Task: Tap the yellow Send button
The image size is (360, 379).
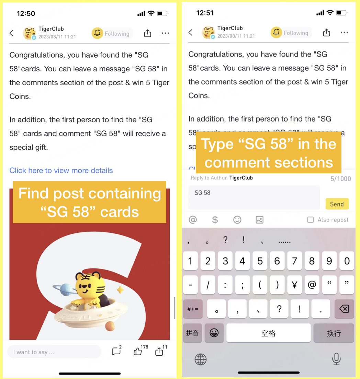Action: click(x=337, y=204)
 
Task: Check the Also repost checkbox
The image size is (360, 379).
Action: click(x=311, y=220)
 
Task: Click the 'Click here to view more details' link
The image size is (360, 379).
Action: click(x=61, y=170)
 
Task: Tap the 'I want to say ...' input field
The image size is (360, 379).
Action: click(x=54, y=352)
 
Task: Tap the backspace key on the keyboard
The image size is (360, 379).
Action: click(x=344, y=309)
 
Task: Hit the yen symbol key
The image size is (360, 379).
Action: click(x=294, y=285)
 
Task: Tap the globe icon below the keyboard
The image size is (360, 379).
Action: click(x=201, y=359)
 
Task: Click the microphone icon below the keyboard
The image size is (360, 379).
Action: click(x=336, y=359)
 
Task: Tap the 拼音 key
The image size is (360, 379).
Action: click(x=192, y=333)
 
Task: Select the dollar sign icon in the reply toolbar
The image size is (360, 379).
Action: click(x=215, y=220)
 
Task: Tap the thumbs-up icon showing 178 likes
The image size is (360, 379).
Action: click(x=138, y=351)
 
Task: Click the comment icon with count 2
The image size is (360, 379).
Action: click(x=116, y=351)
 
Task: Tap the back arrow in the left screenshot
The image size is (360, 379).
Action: click(x=12, y=33)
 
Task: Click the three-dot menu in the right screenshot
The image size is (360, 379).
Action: click(x=344, y=32)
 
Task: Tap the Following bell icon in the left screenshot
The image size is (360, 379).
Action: click(x=97, y=33)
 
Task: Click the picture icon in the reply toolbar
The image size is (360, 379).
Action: click(x=260, y=220)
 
